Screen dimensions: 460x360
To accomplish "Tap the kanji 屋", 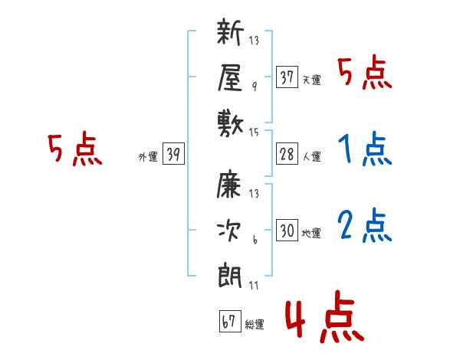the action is click(x=230, y=77).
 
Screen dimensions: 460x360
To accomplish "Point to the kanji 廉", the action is click(x=229, y=184).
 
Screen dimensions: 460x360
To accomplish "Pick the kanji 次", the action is click(x=229, y=231).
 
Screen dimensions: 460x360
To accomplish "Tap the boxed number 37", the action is click(x=287, y=77).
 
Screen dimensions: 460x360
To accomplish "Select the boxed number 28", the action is click(x=287, y=154).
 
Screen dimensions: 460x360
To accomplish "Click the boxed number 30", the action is click(x=287, y=230).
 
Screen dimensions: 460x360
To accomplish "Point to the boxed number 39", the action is click(x=173, y=153).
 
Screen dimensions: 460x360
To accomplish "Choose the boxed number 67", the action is click(x=230, y=321).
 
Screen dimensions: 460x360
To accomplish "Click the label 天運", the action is click(x=311, y=80).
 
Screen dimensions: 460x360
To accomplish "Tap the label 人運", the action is click(x=311, y=156).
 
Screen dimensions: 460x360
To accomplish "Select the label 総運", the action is click(x=255, y=324).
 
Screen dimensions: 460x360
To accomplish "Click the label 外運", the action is click(x=148, y=156).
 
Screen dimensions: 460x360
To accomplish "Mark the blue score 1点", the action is click(x=365, y=149).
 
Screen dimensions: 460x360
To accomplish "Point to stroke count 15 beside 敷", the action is click(x=254, y=133).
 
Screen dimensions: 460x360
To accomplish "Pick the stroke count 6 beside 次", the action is click(x=255, y=240).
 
